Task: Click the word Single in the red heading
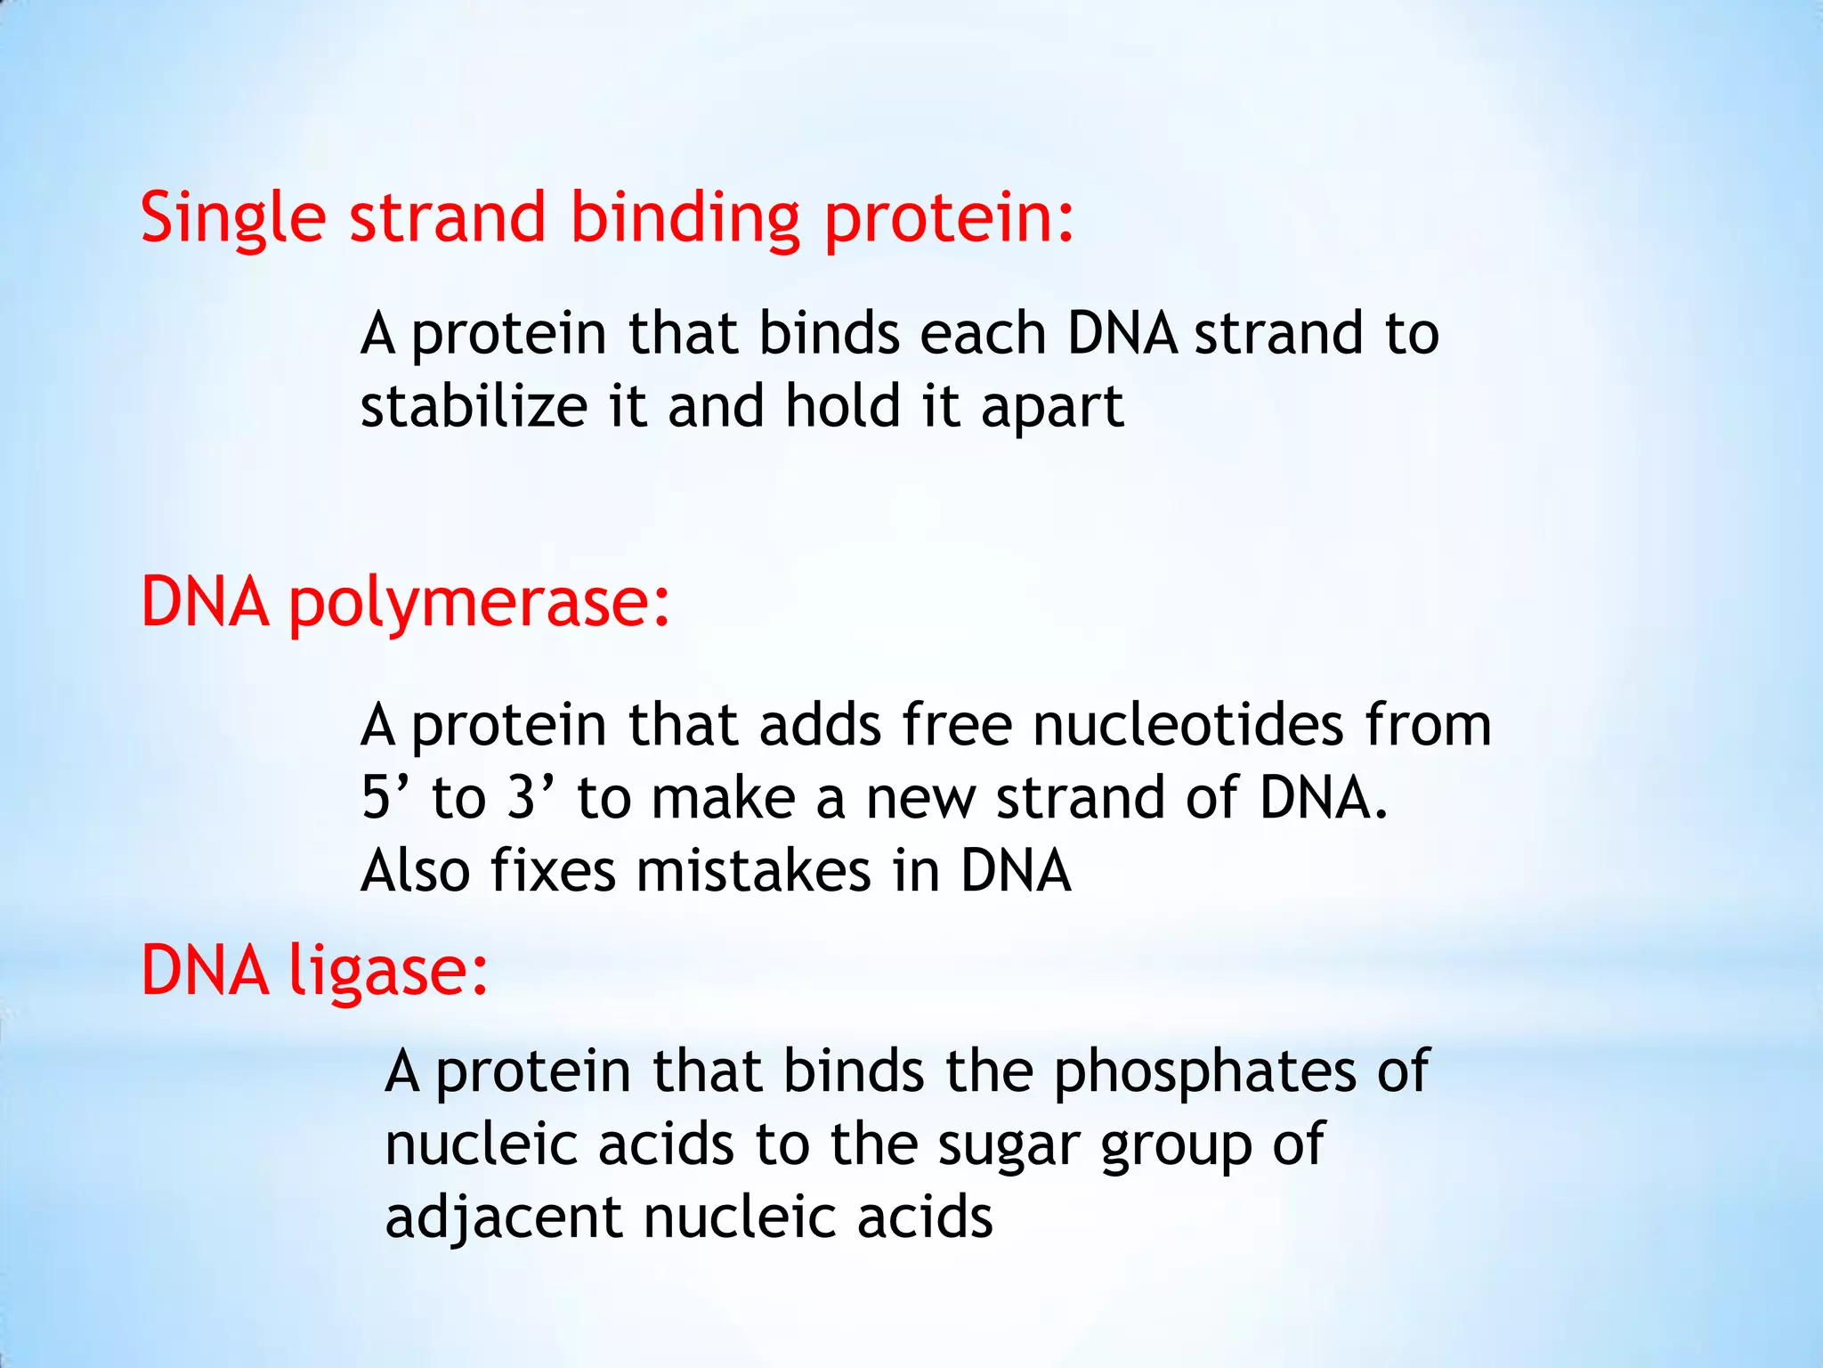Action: coord(233,218)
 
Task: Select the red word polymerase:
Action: coord(479,604)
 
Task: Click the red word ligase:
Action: coord(389,971)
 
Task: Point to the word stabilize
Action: coord(474,406)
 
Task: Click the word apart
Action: coord(1052,408)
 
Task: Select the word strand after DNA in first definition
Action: coord(1278,333)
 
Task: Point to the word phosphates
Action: coord(1205,1071)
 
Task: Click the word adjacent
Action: coord(503,1217)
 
